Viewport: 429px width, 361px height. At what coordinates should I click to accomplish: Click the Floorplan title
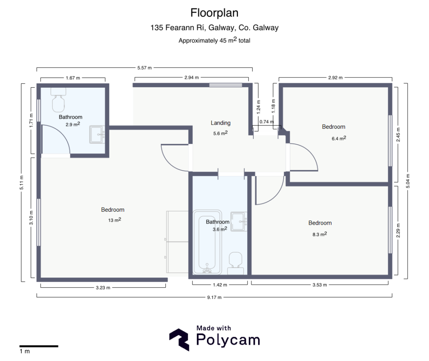pos(214,13)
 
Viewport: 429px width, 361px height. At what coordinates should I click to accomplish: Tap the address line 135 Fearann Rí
pos(214,28)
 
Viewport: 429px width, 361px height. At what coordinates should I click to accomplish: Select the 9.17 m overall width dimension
pos(214,297)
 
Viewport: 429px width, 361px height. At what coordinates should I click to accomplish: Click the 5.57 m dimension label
pos(144,68)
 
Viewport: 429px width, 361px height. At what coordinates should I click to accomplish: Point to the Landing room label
pos(220,123)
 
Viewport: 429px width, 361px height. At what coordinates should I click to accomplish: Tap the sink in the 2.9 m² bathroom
pos(97,135)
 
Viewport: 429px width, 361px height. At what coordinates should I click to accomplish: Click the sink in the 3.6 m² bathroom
pos(240,221)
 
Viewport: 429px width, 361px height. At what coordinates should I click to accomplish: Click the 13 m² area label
pos(114,220)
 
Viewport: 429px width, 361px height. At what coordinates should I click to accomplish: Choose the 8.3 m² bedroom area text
pos(319,234)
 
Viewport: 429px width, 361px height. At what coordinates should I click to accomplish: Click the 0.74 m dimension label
pos(266,122)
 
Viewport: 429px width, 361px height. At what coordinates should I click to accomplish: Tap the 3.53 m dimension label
pos(320,285)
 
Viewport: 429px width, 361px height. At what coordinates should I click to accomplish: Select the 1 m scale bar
pos(39,346)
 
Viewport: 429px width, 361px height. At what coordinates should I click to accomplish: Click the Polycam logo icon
pos(180,339)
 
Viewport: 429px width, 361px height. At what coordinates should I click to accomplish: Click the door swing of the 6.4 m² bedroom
pos(306,157)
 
